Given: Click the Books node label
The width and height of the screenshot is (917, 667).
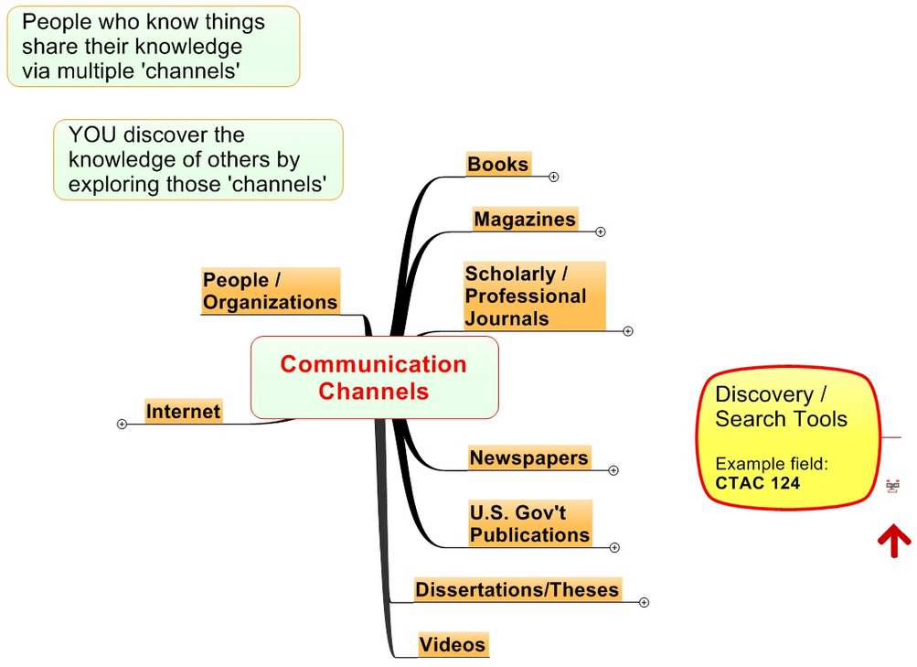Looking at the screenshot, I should pos(497,165).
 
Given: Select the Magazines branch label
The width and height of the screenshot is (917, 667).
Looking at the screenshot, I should pos(525,220).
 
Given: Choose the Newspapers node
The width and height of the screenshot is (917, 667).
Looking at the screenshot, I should pos(528,457).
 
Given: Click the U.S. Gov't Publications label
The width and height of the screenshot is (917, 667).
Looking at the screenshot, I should pos(529,523).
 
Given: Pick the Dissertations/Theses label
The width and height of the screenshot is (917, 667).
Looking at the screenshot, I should pos(517,589).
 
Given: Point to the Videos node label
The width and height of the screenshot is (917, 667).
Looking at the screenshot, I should pos(452,645).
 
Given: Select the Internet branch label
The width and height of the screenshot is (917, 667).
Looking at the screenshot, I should pos(183,412).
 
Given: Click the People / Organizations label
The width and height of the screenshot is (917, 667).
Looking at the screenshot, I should pos(270,291).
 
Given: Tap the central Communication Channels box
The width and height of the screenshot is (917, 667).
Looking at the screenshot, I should pos(373,377).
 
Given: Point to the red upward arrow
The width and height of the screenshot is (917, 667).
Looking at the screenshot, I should pos(893,540).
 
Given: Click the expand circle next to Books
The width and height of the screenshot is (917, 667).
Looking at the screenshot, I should pos(554,177).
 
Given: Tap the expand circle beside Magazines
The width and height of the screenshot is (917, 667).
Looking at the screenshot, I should pos(601,231).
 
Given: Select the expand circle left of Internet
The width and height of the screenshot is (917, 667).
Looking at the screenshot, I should pos(122,424).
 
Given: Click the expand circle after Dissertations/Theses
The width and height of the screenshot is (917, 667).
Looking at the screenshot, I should pos(645,602).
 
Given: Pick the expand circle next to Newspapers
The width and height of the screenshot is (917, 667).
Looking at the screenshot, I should pos(613,470).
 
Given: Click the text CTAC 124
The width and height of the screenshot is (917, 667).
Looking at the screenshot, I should pos(757,482).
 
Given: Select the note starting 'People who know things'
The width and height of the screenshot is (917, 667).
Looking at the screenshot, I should pos(153,47).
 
